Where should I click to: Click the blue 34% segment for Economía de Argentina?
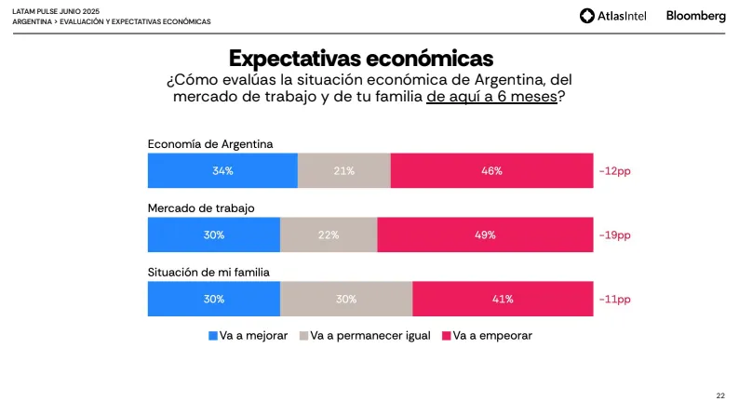[222, 171]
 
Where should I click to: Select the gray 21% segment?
[343, 171]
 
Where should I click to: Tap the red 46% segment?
[491, 171]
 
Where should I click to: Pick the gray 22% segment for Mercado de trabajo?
[329, 235]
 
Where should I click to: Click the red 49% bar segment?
[485, 235]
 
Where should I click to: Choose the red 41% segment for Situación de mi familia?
[503, 299]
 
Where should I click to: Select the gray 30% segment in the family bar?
[346, 299]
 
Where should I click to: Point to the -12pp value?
[614, 171]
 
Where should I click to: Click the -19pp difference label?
[614, 235]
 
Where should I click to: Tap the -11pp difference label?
[614, 299]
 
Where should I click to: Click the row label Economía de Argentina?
[209, 143]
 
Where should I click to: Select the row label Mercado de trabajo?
[201, 207]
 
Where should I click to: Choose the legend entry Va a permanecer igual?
[364, 335]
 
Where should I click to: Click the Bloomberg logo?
[695, 16]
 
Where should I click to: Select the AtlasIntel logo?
[615, 16]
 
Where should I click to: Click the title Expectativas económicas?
[361, 58]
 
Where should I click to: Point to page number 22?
[720, 395]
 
